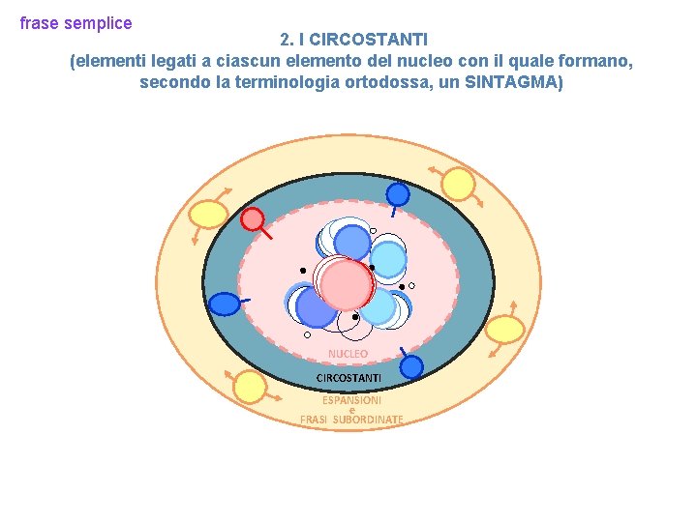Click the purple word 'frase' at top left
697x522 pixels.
click(x=38, y=22)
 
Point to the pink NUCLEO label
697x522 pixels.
click(x=348, y=354)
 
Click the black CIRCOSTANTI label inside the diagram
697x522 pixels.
click(x=348, y=376)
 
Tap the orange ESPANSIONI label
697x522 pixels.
click(x=351, y=399)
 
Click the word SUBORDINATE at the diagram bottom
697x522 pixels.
click(x=368, y=420)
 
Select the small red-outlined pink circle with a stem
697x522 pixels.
click(x=252, y=219)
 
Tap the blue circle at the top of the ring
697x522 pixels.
click(x=398, y=194)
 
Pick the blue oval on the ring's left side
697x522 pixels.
click(x=225, y=304)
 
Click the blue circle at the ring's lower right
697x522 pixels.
click(x=411, y=367)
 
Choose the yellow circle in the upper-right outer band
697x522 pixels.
click(x=458, y=185)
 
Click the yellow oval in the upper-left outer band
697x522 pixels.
click(x=207, y=214)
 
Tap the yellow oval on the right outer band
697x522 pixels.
click(x=504, y=331)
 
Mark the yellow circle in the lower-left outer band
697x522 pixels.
click(x=250, y=388)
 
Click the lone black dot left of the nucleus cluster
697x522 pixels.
click(x=303, y=270)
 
